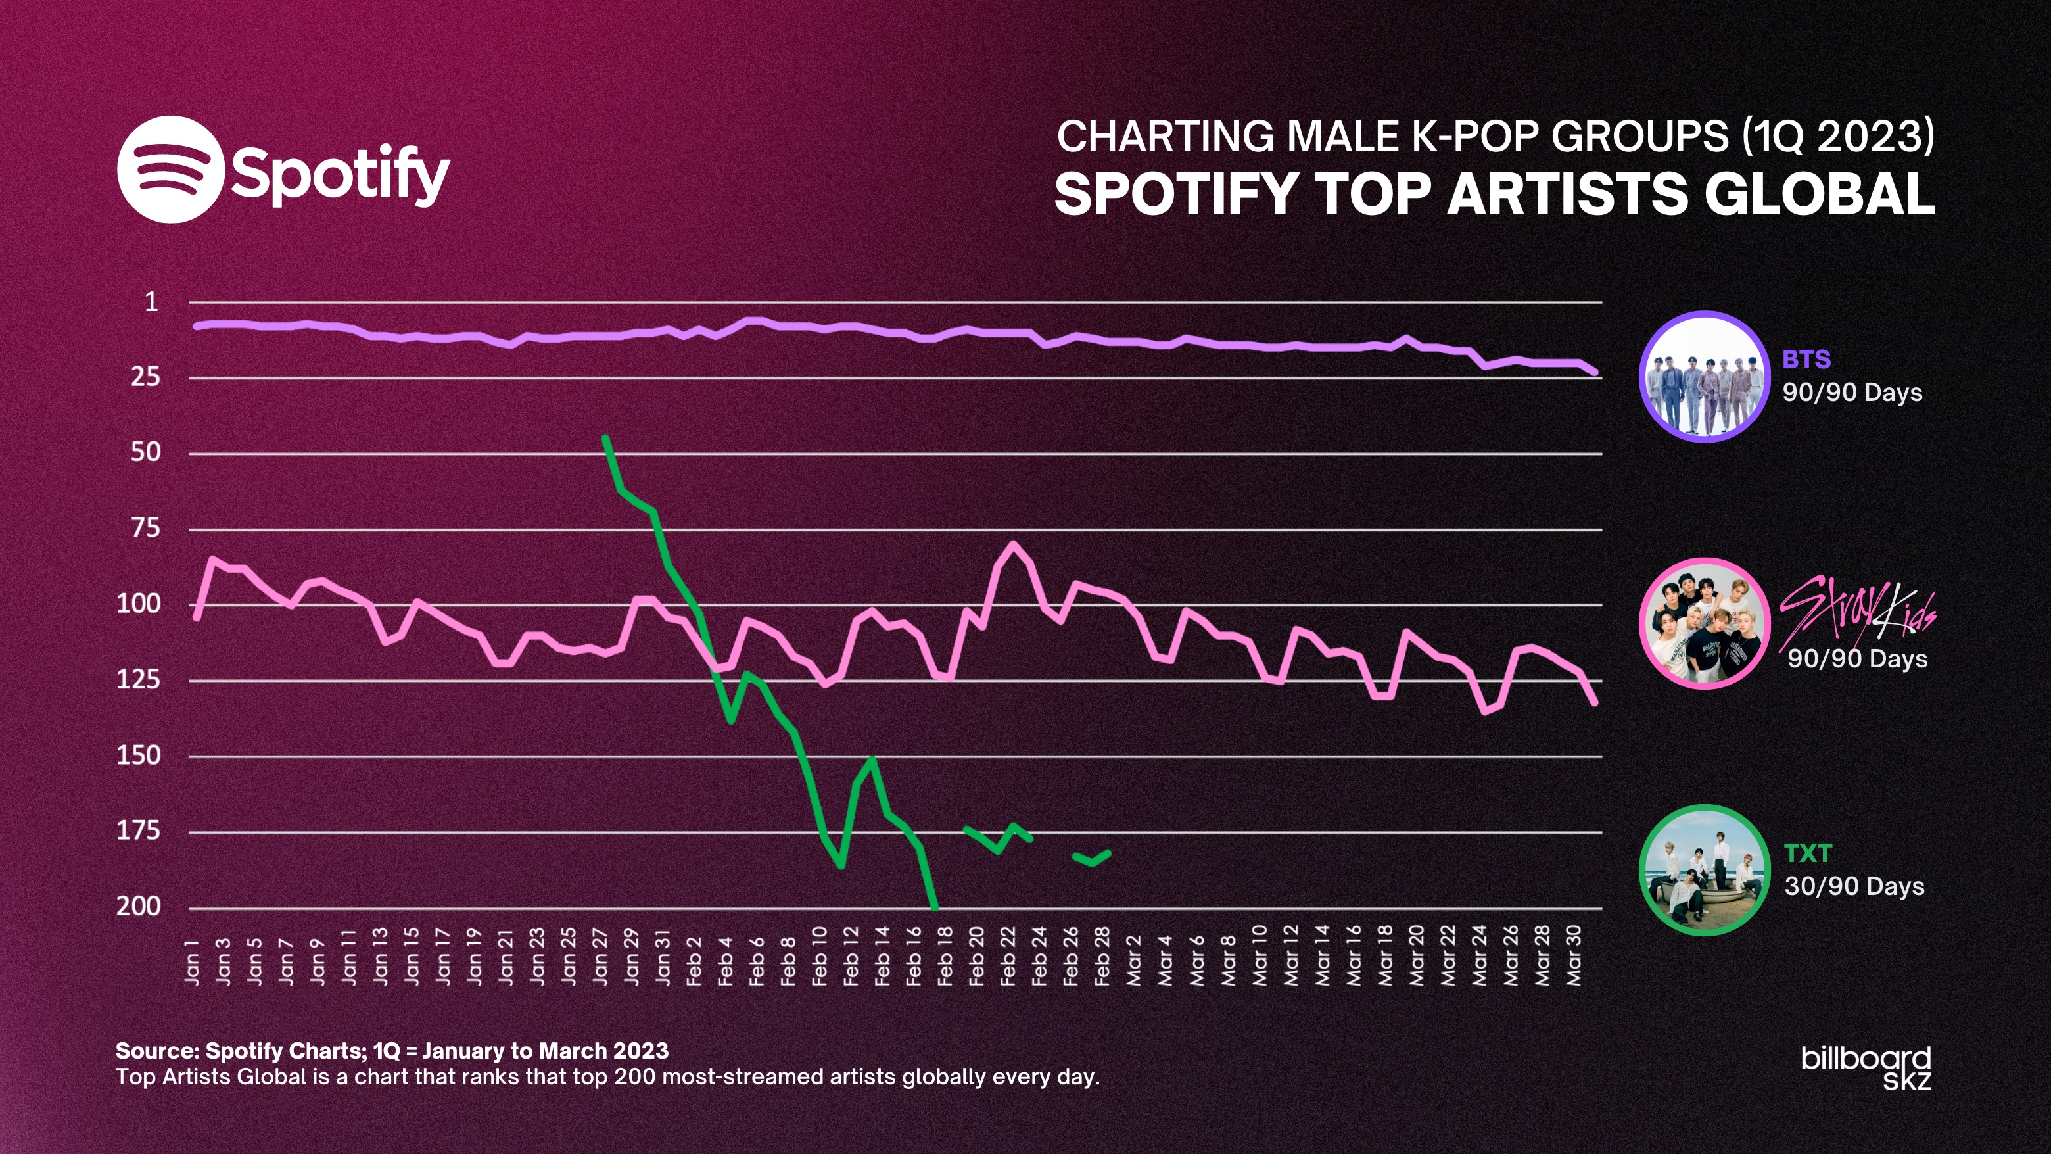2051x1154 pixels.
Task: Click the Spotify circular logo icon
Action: (169, 169)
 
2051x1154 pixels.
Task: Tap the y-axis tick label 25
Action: (146, 377)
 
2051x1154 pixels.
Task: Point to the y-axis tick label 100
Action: (139, 604)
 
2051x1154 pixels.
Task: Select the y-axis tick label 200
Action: (139, 906)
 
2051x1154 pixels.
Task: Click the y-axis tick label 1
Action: (151, 302)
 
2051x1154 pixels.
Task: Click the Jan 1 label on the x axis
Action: (192, 961)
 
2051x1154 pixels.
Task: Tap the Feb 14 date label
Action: (882, 957)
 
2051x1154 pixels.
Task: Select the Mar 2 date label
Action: (1134, 961)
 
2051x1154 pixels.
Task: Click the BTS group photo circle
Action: (1705, 376)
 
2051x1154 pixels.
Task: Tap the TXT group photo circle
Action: (1705, 870)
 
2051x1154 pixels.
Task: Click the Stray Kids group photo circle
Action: (1705, 623)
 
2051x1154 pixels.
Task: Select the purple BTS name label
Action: (1806, 359)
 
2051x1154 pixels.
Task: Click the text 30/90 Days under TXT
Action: (1854, 886)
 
